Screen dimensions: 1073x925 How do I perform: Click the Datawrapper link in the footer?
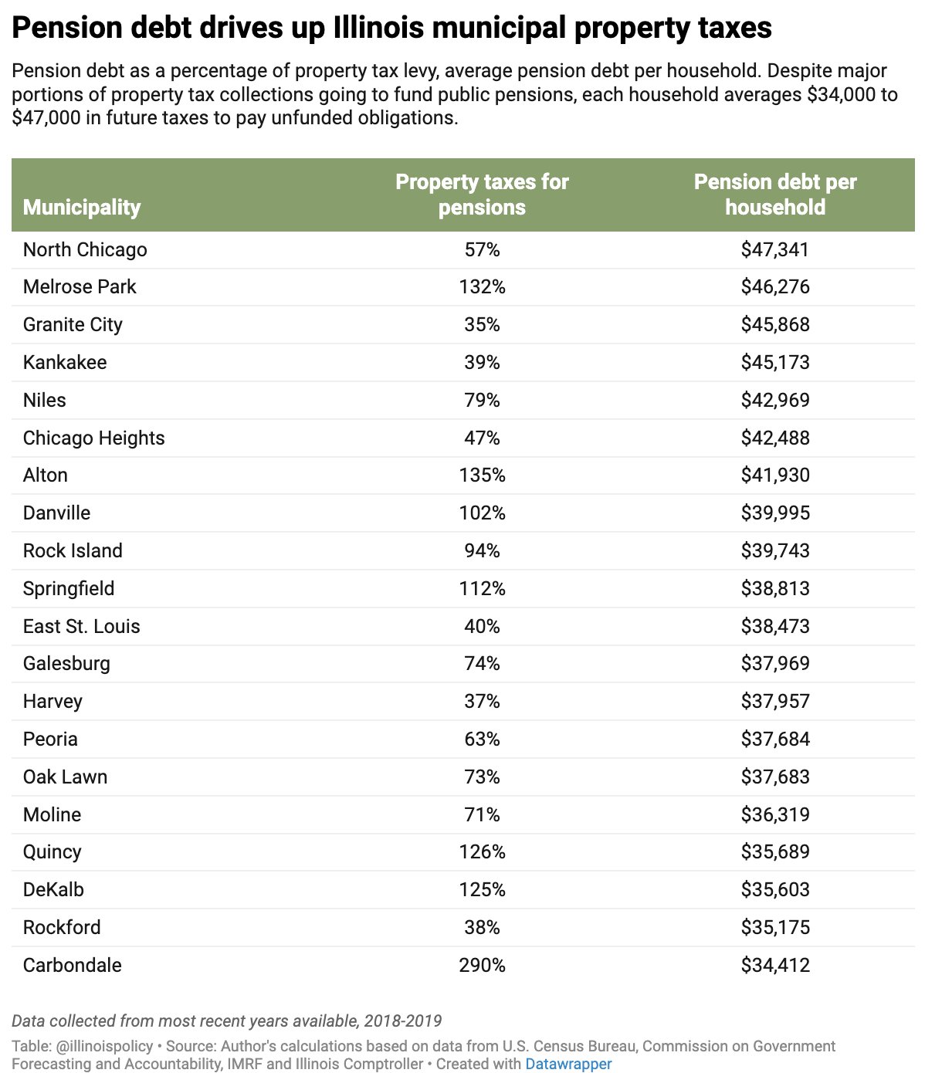(568, 1064)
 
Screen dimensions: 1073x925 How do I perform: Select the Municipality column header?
(82, 207)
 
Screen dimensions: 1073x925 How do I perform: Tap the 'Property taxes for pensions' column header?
(482, 195)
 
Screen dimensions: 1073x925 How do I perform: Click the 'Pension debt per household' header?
(775, 195)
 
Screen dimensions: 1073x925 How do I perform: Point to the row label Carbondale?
(73, 965)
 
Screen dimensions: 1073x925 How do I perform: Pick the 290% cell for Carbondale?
(482, 965)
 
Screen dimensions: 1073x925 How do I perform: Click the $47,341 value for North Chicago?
(775, 249)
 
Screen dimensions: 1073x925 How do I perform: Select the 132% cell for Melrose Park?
(482, 287)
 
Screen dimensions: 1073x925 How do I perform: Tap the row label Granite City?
(73, 324)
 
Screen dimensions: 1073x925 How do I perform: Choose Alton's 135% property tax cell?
(482, 475)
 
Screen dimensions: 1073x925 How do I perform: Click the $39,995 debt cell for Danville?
(775, 513)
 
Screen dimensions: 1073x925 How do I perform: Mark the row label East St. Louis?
(82, 626)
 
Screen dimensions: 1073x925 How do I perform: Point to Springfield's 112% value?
(482, 588)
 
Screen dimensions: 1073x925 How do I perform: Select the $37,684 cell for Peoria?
(775, 739)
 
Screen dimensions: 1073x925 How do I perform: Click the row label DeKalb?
(53, 889)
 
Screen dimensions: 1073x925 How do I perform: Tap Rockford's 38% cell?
(482, 927)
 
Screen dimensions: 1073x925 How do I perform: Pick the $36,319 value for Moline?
(775, 814)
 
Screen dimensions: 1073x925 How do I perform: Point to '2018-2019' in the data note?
(401, 1021)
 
